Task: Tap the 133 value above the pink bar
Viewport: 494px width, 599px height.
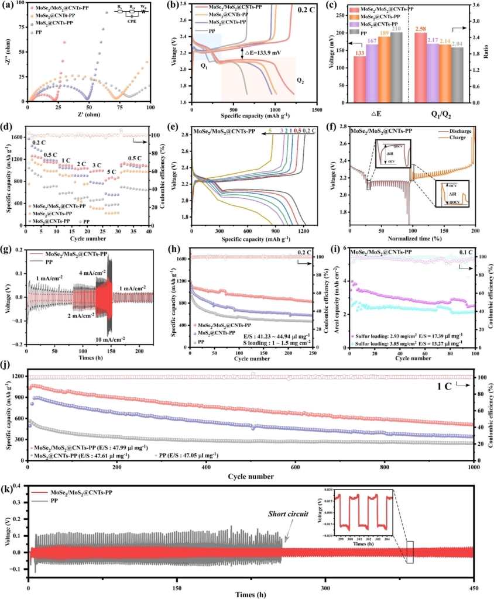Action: (358, 52)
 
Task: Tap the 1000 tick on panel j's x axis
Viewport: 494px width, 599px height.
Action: (472, 467)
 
